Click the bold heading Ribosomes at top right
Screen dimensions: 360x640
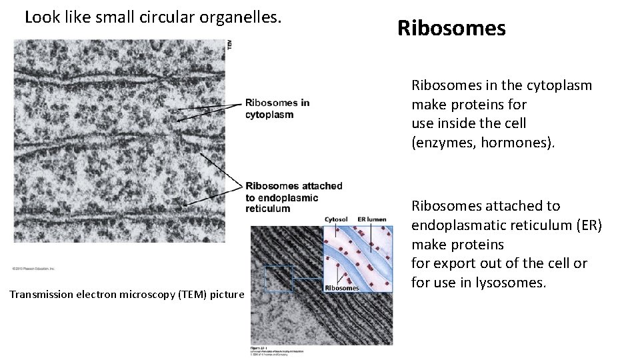[x=451, y=29]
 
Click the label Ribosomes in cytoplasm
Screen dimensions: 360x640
[x=277, y=109]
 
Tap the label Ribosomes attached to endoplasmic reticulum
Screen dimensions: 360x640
[x=293, y=197]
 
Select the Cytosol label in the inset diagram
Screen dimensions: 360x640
[x=337, y=219]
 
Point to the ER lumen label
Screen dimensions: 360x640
[x=371, y=219]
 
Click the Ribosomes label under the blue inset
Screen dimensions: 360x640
[x=342, y=288]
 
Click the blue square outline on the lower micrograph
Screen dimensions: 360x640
[x=279, y=279]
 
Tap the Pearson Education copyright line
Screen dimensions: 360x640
[x=33, y=268]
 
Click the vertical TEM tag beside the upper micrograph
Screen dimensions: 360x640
[x=230, y=44]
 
